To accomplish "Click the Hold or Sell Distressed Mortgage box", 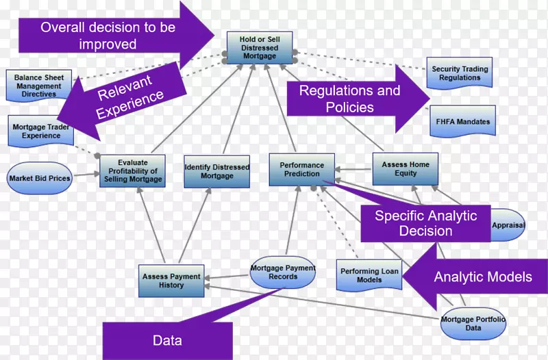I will coord(259,47).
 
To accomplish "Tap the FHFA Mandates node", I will coord(463,122).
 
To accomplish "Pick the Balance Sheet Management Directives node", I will coord(39,86).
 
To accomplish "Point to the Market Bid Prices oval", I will coord(40,178).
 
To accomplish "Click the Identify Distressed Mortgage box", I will coord(216,171).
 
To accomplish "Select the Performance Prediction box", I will coord(302,169).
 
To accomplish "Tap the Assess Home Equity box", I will coord(406,169).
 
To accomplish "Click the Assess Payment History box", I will coord(171,281).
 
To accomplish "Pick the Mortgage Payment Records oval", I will coord(283,272).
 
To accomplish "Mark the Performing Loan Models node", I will coord(369,276).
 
